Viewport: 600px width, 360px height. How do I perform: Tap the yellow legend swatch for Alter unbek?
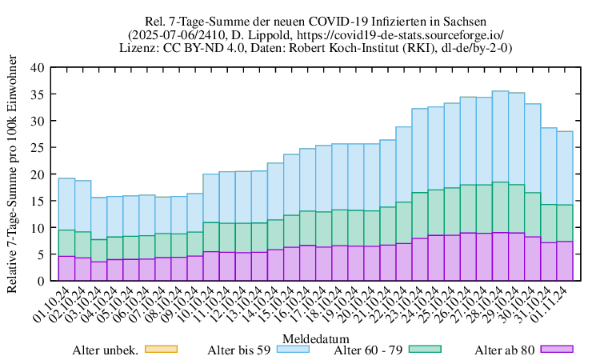[159, 349]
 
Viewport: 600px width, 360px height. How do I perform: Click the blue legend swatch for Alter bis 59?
[292, 349]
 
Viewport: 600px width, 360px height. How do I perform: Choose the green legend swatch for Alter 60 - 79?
[425, 349]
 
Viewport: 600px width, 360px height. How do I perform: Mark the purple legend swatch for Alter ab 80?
[558, 349]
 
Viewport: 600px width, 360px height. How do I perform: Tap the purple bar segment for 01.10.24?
[66, 269]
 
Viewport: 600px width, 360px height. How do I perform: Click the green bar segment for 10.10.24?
[211, 237]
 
